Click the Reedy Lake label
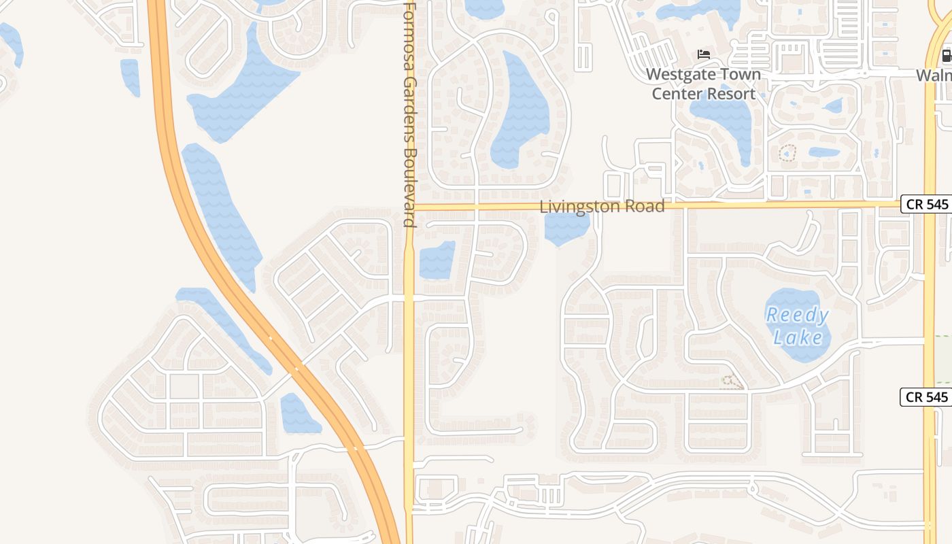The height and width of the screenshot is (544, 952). pyautogui.click(x=797, y=326)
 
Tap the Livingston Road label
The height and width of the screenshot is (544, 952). pyautogui.click(x=602, y=207)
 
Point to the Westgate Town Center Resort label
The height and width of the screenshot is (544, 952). pyautogui.click(x=703, y=84)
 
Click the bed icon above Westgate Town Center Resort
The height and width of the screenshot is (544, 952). pyautogui.click(x=704, y=54)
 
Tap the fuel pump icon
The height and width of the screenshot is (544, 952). pyautogui.click(x=946, y=56)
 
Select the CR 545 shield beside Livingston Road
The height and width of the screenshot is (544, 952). pyautogui.click(x=925, y=204)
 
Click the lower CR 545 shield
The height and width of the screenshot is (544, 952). pyautogui.click(x=925, y=397)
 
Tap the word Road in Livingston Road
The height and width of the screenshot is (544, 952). pyautogui.click(x=647, y=207)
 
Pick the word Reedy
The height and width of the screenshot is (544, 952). pyautogui.click(x=797, y=316)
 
